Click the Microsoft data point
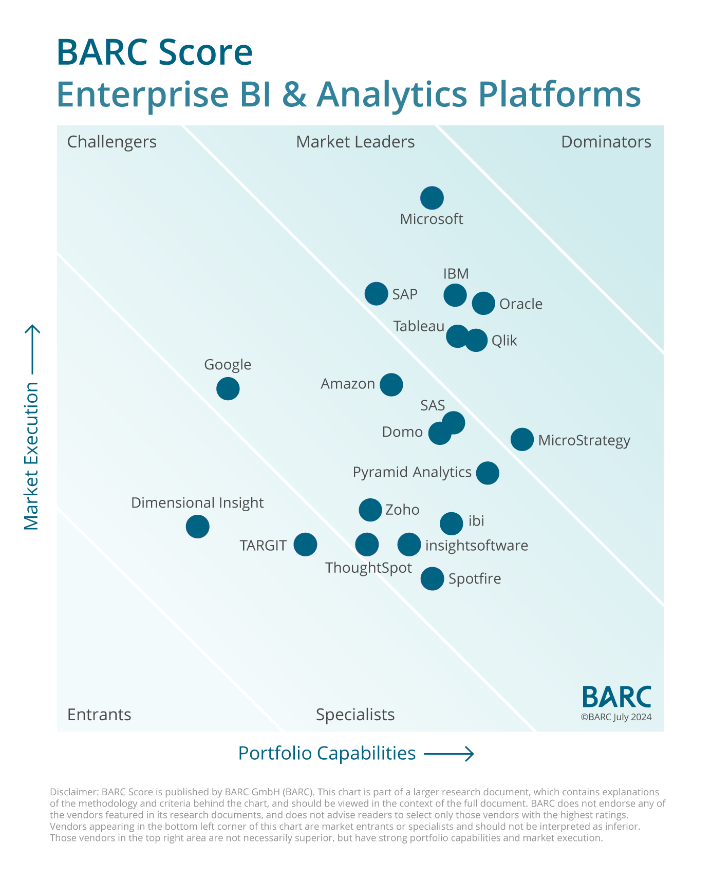tap(432, 198)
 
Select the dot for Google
tap(228, 388)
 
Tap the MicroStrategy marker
tap(522, 439)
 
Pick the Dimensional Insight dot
tap(198, 527)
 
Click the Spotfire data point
tap(433, 579)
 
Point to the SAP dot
tap(377, 294)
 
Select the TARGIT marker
tap(306, 544)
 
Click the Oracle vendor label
tap(521, 304)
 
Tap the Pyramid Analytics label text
tap(412, 472)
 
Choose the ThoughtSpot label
tap(368, 568)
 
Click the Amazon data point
tap(391, 384)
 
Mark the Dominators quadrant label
tap(606, 142)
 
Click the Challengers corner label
tap(112, 142)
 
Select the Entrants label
tap(99, 715)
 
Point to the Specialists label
tap(355, 715)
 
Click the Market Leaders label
tap(356, 142)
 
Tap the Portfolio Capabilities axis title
tap(327, 753)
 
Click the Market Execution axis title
tap(31, 456)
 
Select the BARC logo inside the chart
tap(616, 697)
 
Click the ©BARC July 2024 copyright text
tap(616, 717)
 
